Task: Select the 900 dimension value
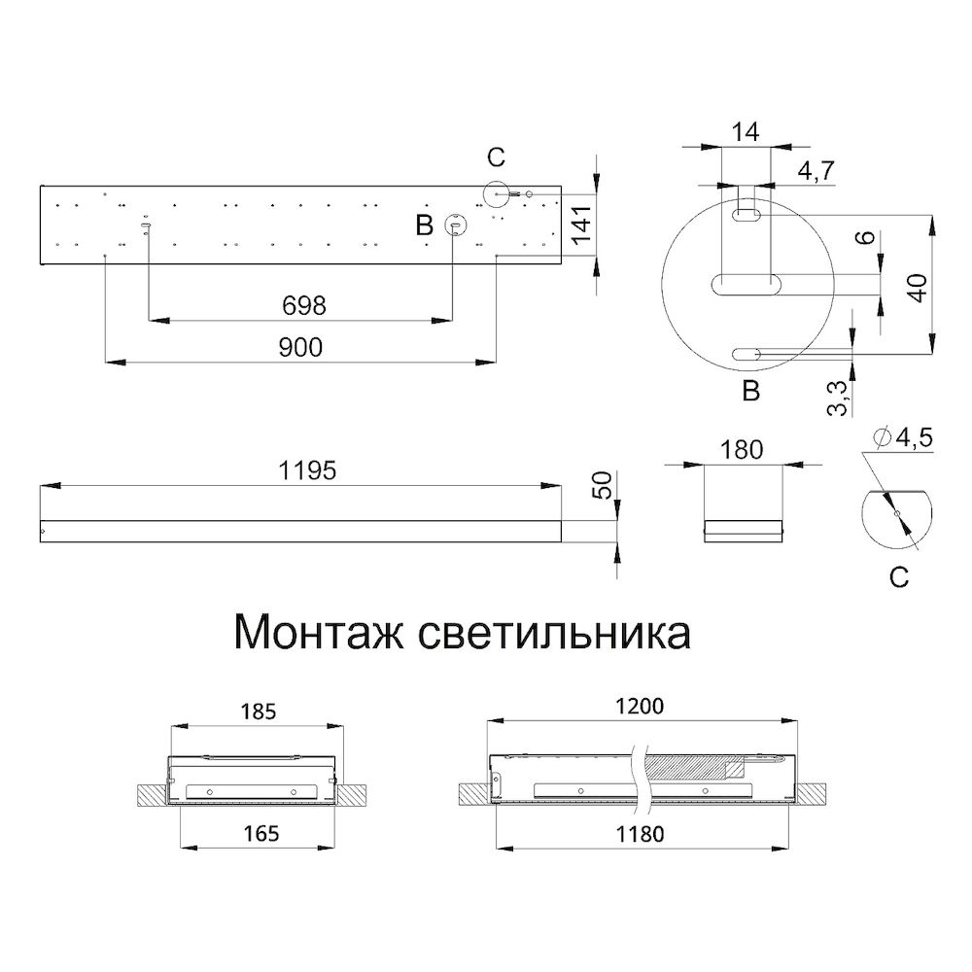(x=299, y=347)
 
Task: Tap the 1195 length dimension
(x=307, y=470)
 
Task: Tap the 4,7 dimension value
(x=817, y=172)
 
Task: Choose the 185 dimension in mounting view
(x=257, y=711)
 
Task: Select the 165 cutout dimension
(x=259, y=832)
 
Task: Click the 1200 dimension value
(x=642, y=707)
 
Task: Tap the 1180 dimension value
(x=642, y=832)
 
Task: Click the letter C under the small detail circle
(x=899, y=578)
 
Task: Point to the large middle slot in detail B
(x=746, y=285)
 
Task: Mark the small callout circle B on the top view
(x=453, y=226)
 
